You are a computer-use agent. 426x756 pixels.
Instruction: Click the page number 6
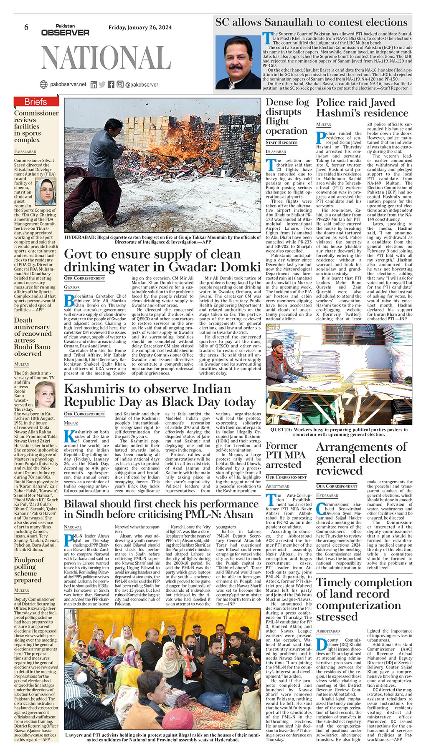click(26, 27)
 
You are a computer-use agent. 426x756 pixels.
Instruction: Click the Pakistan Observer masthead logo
click(65, 30)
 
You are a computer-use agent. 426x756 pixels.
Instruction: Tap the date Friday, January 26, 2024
click(140, 28)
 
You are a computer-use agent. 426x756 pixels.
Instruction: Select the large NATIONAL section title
click(106, 57)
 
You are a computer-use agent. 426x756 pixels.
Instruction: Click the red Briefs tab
click(36, 102)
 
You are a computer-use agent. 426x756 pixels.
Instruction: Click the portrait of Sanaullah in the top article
click(238, 62)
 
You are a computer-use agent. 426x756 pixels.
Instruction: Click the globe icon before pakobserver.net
click(43, 84)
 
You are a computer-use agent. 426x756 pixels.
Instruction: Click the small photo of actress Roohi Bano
click(45, 394)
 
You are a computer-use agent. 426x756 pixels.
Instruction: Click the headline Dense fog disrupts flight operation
click(287, 116)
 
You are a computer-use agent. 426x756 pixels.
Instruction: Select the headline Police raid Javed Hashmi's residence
click(362, 108)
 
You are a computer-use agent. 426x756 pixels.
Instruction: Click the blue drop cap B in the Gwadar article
click(68, 300)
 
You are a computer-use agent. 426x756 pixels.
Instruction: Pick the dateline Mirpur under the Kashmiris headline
click(71, 423)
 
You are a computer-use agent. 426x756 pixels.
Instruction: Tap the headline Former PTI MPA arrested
click(286, 455)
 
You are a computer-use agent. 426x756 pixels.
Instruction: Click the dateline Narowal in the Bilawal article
click(73, 527)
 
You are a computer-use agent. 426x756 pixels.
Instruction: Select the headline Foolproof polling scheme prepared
click(34, 570)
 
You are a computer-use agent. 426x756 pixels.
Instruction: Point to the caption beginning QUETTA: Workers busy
click(339, 432)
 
